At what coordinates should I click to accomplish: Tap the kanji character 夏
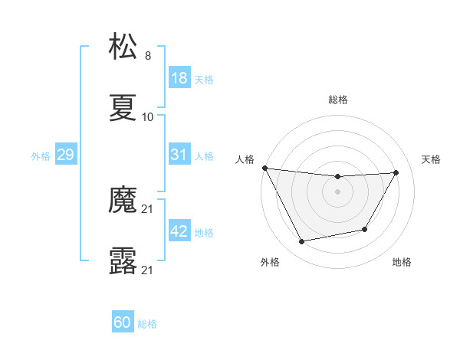tap(123, 107)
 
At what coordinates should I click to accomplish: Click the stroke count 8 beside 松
tap(148, 55)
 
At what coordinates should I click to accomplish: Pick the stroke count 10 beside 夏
tap(148, 117)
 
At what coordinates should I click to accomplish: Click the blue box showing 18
tap(179, 78)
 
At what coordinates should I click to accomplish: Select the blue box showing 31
tap(179, 155)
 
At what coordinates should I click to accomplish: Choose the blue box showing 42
tap(179, 231)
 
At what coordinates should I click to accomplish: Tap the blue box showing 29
tap(65, 155)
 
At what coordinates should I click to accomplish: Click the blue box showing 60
tap(123, 322)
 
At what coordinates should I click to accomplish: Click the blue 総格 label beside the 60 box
tap(147, 324)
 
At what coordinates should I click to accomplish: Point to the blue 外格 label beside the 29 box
tap(41, 155)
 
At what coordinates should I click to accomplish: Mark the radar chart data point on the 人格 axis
tap(264, 168)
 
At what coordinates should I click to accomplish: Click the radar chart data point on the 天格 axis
tap(396, 172)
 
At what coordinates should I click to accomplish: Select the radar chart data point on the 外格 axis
tap(301, 242)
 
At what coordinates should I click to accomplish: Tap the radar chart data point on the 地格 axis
tap(365, 229)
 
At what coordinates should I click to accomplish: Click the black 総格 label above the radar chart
tap(337, 100)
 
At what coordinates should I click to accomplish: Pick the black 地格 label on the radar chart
tap(402, 263)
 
